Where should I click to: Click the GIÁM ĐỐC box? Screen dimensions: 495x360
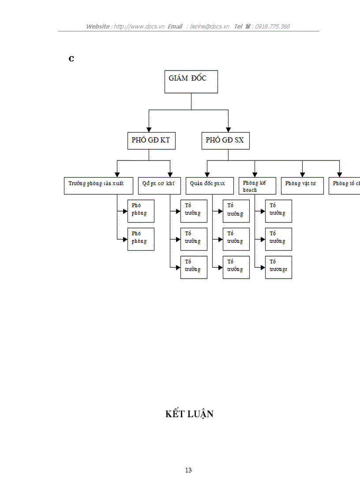click(x=191, y=82)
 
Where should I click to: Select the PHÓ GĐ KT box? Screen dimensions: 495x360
click(x=150, y=141)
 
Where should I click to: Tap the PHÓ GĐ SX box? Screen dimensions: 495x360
click(x=225, y=141)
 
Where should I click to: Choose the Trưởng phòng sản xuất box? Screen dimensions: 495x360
click(x=98, y=186)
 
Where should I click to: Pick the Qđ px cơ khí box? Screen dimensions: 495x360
click(x=159, y=186)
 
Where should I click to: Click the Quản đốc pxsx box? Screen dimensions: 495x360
click(x=210, y=186)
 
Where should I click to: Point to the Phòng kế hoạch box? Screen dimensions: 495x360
click(x=258, y=186)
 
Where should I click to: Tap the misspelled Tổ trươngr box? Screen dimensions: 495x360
click(x=278, y=267)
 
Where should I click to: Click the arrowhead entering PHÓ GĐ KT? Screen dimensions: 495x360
click(x=149, y=129)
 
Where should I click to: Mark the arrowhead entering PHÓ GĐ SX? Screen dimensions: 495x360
click(x=228, y=129)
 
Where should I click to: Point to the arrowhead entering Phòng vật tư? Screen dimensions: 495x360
click(x=302, y=175)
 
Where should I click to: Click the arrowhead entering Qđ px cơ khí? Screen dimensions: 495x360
click(x=170, y=175)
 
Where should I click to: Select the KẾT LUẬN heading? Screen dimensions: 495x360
click(x=189, y=414)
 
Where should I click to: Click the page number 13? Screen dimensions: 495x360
click(x=188, y=470)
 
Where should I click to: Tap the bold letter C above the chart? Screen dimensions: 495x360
click(x=71, y=59)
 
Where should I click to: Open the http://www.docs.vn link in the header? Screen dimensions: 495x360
click(x=139, y=26)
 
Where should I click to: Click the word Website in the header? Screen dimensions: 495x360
click(x=97, y=26)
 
